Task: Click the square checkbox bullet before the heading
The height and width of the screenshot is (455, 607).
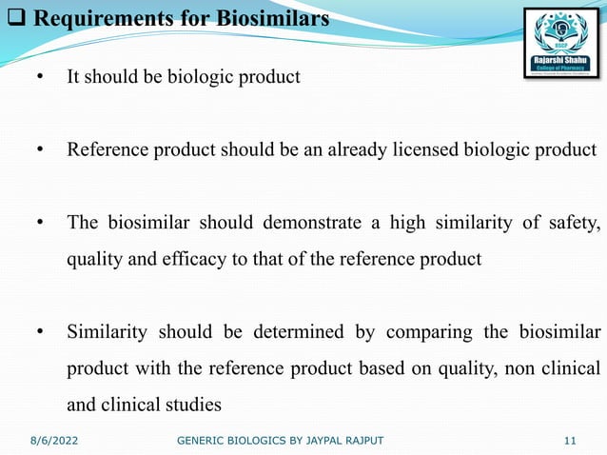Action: tap(11, 18)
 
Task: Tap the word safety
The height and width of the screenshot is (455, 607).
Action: tap(573, 224)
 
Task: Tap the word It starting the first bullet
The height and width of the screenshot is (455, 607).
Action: tap(72, 77)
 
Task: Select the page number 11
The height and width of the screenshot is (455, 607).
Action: tap(570, 441)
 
